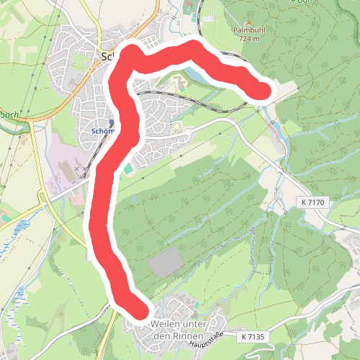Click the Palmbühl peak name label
(x=249, y=30)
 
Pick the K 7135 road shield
(x=253, y=336)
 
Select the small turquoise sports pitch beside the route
(x=128, y=168)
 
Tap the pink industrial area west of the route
(x=61, y=162)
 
